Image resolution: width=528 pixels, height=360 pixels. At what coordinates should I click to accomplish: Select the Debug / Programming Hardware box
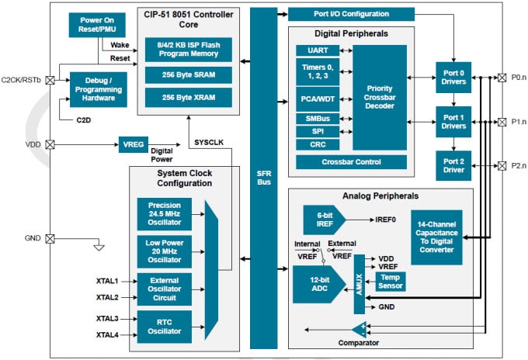click(98, 89)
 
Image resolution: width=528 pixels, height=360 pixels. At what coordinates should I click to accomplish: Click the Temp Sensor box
click(390, 281)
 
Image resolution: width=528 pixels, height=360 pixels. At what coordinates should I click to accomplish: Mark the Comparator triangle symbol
click(359, 328)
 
